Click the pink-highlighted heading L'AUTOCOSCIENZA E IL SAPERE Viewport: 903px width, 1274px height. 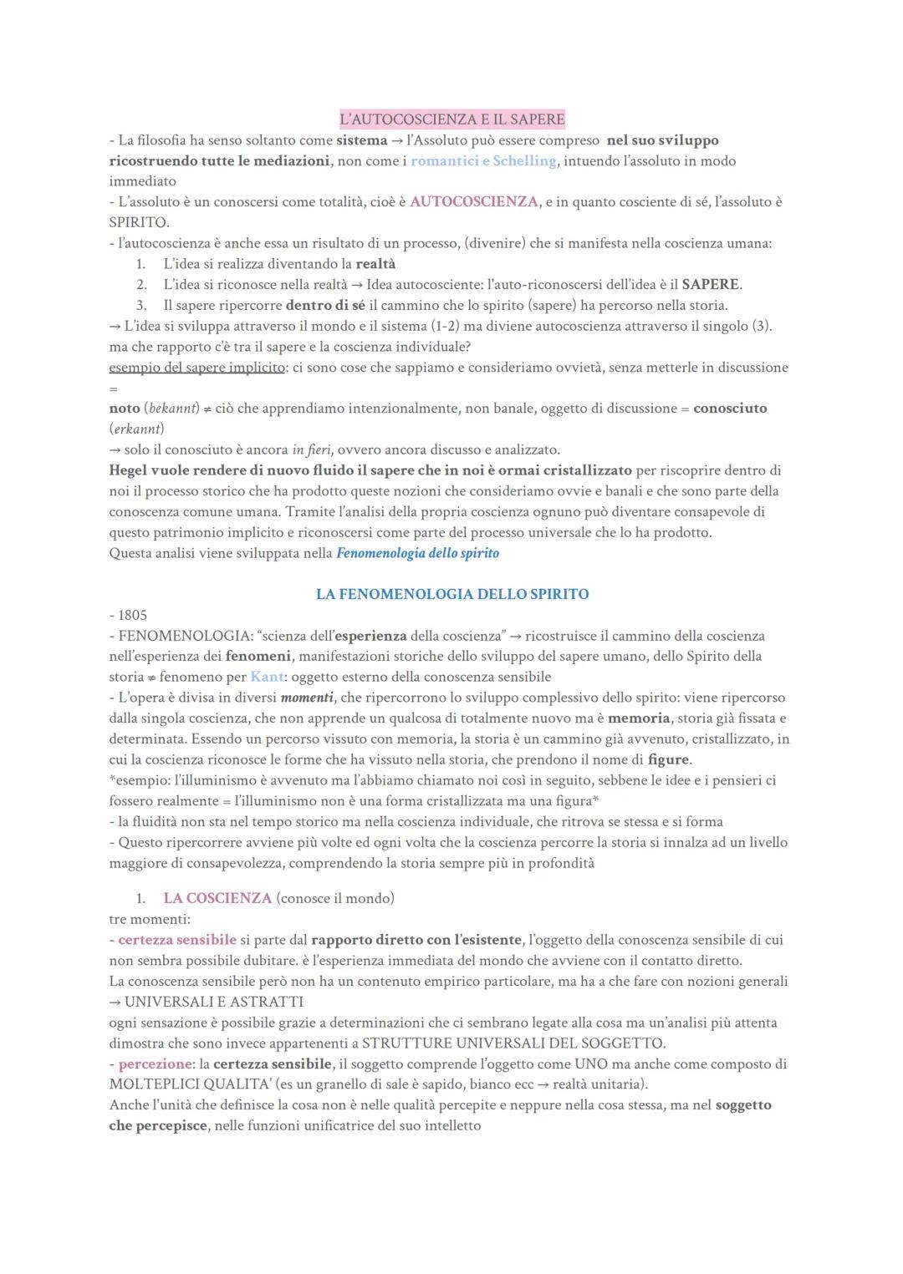coord(452,119)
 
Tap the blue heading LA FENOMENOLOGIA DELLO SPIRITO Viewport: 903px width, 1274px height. coord(452,594)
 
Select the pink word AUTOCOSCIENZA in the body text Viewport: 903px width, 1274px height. coord(474,202)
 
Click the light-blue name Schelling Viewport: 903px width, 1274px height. coord(524,161)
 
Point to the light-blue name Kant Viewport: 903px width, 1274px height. coord(267,677)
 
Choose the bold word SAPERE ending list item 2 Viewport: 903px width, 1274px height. coord(711,284)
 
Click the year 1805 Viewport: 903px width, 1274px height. coord(132,615)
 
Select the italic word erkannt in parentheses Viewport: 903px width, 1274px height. coord(136,429)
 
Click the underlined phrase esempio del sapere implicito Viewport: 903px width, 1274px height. coord(196,368)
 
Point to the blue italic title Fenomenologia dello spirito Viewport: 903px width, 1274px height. coord(417,553)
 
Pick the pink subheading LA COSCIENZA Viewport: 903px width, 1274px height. coord(217,898)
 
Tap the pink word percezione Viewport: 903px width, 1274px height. coord(156,1063)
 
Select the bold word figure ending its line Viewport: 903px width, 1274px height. coord(669,759)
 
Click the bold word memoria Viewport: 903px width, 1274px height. coord(639,718)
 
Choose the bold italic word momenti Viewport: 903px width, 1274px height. coord(308,698)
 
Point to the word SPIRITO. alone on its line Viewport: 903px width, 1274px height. coord(139,223)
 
